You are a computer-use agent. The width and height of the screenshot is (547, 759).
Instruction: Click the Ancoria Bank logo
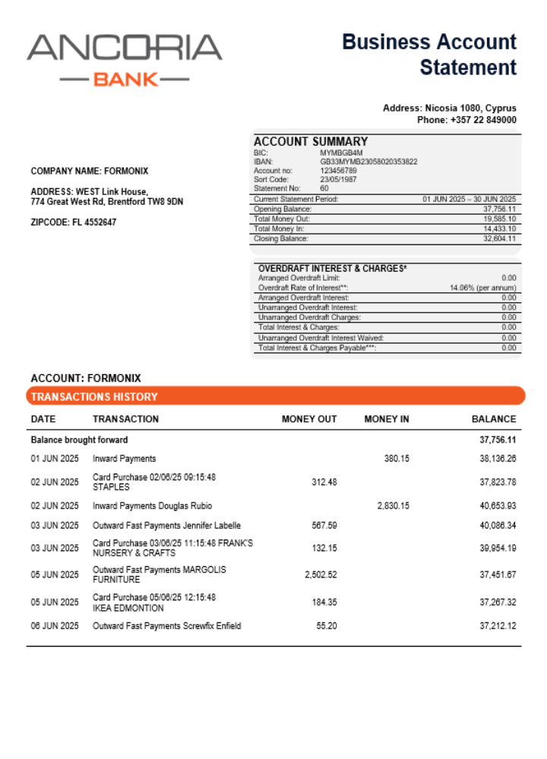point(125,59)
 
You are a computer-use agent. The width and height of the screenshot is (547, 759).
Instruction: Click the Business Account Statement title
point(429,54)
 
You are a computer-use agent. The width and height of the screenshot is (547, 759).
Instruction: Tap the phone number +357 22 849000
point(483,120)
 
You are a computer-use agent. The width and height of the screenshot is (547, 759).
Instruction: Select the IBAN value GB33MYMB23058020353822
point(368,162)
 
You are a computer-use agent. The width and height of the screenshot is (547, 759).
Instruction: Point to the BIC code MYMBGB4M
point(336,153)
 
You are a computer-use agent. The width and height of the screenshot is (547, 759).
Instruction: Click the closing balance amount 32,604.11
point(499,239)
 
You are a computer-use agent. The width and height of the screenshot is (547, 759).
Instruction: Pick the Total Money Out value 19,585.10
point(499,219)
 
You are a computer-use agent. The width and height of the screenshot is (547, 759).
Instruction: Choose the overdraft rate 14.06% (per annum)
point(483,288)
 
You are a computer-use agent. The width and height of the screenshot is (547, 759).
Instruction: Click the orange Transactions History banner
point(275,396)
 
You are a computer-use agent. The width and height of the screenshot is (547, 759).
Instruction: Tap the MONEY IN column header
point(387,419)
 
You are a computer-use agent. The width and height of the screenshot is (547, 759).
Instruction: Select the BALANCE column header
point(494,419)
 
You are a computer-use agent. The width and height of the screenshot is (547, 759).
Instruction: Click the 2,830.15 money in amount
point(393,505)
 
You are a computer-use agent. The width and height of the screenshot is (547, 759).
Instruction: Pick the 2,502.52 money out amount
point(321,575)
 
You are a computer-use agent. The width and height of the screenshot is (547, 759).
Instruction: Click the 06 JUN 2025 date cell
point(55,626)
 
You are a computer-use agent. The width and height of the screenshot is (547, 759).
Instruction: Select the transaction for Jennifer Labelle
point(166,525)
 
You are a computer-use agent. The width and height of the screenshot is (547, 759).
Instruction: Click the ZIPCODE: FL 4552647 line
point(74,223)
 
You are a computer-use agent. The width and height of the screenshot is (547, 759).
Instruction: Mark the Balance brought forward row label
point(79,439)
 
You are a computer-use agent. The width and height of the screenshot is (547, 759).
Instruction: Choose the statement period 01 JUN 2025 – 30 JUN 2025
point(469,199)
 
